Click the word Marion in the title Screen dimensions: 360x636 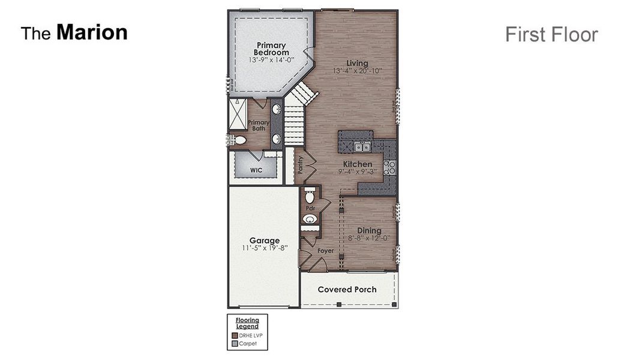[x=92, y=32]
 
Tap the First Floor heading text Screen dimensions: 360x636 [x=551, y=34]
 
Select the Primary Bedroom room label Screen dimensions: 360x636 [x=271, y=49]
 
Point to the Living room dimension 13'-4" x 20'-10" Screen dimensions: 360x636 [x=357, y=71]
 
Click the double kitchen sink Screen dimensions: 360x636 [x=362, y=147]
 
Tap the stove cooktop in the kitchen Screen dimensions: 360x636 [x=390, y=167]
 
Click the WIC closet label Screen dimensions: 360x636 [x=256, y=170]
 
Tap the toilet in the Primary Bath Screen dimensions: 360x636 [x=239, y=140]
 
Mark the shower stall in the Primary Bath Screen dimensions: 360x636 [x=238, y=114]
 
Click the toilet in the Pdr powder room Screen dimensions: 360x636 [x=310, y=196]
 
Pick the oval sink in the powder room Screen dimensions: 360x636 [x=310, y=219]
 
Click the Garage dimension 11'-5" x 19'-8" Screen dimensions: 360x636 [x=264, y=248]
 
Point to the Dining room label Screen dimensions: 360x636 [x=369, y=230]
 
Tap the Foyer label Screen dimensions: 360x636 [x=325, y=251]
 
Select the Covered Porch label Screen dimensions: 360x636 [x=347, y=289]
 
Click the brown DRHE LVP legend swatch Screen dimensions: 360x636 [x=234, y=335]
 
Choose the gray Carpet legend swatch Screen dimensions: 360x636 [x=234, y=344]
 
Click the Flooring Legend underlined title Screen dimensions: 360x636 [x=247, y=323]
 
